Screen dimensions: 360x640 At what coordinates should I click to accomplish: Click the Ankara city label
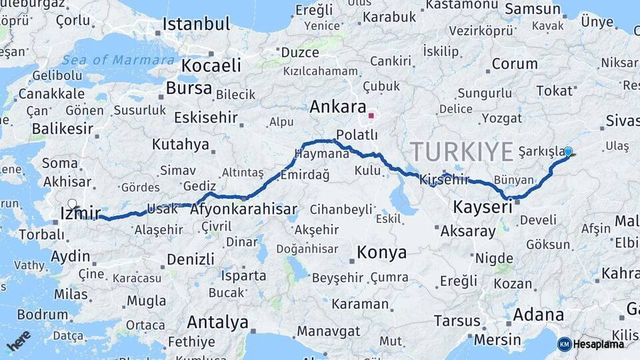click(339, 107)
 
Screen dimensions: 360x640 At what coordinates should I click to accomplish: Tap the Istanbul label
click(196, 25)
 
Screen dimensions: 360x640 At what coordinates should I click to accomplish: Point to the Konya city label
click(381, 252)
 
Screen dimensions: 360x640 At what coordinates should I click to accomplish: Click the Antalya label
click(217, 322)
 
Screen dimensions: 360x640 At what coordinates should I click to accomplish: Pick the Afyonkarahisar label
click(243, 209)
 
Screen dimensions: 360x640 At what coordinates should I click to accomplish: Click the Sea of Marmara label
click(118, 60)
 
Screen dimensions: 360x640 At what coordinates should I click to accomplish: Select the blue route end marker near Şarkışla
click(568, 151)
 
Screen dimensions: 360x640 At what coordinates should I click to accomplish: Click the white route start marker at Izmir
click(72, 204)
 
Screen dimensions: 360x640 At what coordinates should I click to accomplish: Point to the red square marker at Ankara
click(371, 115)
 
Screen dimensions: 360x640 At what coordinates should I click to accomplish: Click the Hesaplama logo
click(591, 344)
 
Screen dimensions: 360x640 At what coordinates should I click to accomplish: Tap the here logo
click(18, 340)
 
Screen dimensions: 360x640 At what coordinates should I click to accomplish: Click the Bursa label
click(189, 88)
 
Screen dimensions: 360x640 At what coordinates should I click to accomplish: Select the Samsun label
click(533, 9)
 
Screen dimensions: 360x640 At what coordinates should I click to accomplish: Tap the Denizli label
click(191, 259)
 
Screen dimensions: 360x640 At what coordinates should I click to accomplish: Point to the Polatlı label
click(357, 135)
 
